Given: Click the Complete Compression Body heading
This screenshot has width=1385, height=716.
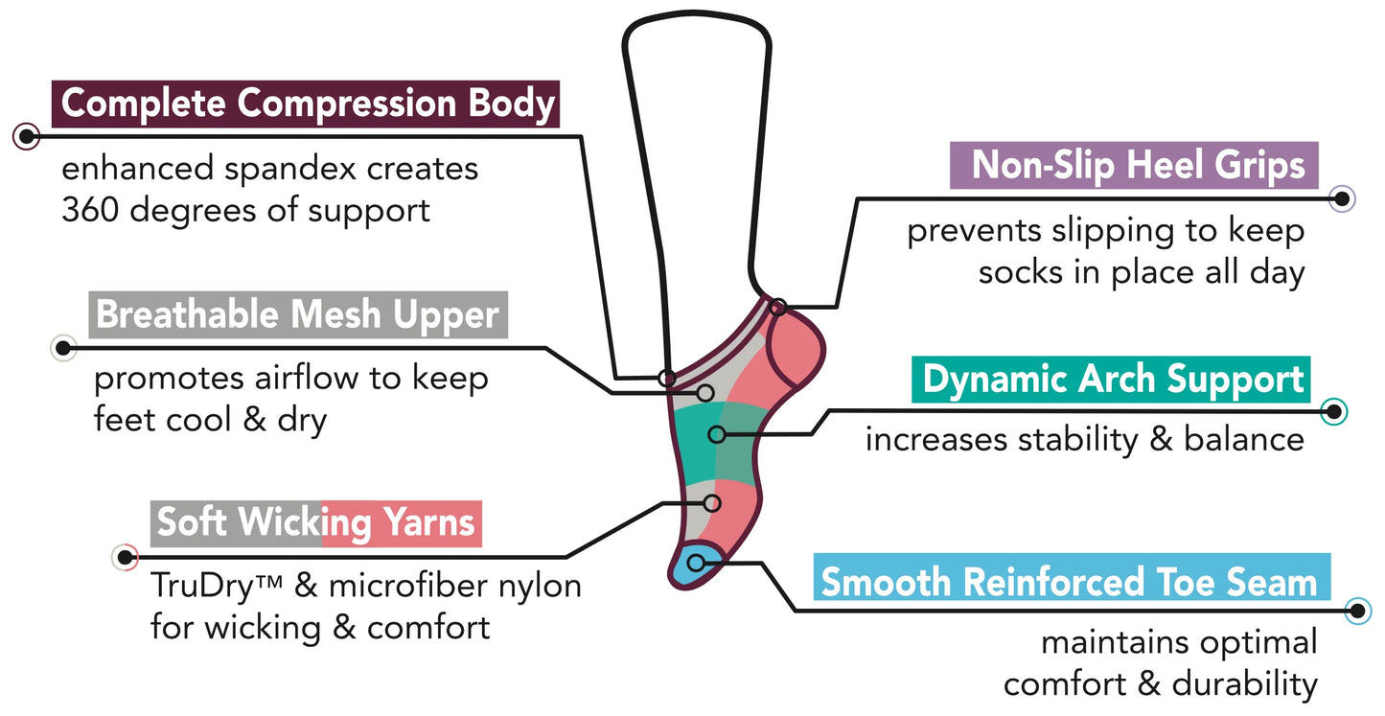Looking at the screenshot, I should coord(308,104).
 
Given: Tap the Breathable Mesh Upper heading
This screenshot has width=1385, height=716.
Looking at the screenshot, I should coord(297,314).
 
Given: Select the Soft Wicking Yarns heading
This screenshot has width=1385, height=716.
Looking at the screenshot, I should coord(315,522).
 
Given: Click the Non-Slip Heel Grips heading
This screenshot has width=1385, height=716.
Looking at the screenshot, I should coord(1138,165).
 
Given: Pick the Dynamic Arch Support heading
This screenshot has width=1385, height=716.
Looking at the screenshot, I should coord(1113,380).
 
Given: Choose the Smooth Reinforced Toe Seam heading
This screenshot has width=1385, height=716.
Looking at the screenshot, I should coord(1069,582).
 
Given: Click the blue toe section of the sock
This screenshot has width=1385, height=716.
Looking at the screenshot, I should coord(692,567).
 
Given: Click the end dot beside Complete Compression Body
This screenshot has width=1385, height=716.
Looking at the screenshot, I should coord(26,136).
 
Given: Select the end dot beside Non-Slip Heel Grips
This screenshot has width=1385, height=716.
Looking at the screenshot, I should coord(1343,198).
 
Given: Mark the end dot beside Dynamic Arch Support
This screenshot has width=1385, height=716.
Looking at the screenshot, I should coord(1333,412).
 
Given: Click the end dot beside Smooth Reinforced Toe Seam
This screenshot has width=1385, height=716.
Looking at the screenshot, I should coord(1357,611).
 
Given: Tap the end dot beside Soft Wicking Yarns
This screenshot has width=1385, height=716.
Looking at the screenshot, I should coord(125,556).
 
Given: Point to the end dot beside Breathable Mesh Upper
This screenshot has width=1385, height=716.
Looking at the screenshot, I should coord(63,348).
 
